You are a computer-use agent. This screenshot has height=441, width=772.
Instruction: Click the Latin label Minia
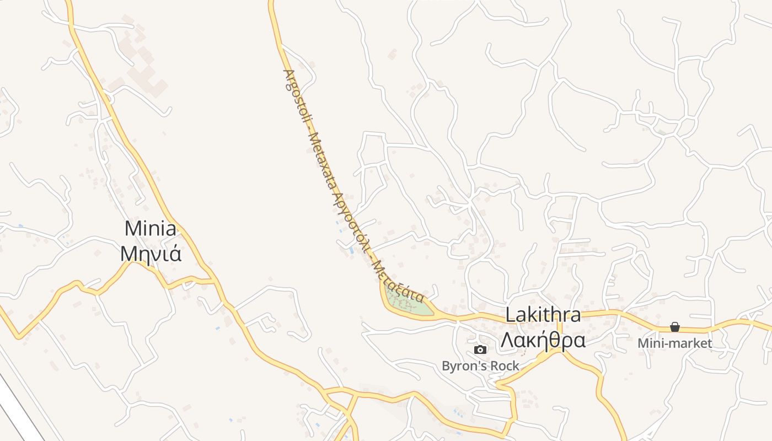(x=151, y=228)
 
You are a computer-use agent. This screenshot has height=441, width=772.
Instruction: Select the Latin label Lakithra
(x=543, y=315)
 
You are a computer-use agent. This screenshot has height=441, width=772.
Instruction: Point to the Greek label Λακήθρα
(x=543, y=341)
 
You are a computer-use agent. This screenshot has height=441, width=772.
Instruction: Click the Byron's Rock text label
(x=480, y=366)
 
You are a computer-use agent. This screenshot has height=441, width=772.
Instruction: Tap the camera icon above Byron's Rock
(x=480, y=349)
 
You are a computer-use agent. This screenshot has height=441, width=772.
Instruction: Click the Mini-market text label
(x=674, y=343)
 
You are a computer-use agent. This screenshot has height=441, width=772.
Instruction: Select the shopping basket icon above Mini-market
(x=674, y=327)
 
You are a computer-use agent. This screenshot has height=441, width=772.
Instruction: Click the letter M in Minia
(x=133, y=228)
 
